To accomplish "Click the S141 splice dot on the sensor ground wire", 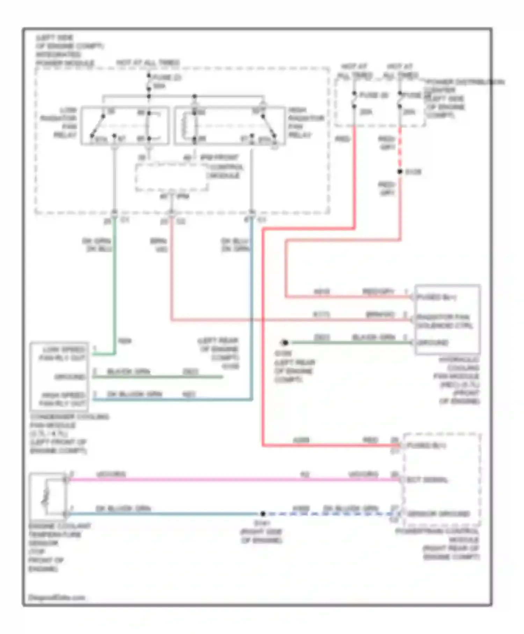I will point(263,514).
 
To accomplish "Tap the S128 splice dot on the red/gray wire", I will point(400,172).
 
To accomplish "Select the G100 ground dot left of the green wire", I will point(285,343).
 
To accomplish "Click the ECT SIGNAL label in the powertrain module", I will point(427,480).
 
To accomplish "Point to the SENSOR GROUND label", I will point(438,514).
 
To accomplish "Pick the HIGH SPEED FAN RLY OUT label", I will point(63,399).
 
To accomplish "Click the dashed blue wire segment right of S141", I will point(332,514).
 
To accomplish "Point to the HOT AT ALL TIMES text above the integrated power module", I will point(148,63).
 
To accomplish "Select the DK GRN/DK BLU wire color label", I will point(97,245).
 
